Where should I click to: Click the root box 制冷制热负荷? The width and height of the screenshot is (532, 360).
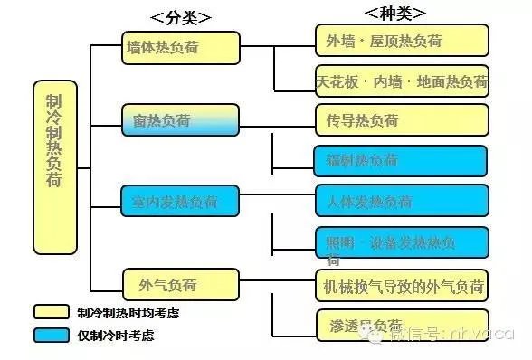[54, 166]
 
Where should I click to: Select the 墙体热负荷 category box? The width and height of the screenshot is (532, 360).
[181, 48]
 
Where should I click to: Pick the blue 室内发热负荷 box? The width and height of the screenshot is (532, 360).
[181, 200]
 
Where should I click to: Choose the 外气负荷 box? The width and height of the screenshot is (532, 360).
[181, 285]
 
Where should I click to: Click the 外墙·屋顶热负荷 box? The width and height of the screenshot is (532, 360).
[402, 41]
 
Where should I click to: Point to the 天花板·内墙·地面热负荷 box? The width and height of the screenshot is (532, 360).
[402, 81]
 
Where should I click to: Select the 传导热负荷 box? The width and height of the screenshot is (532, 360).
[402, 119]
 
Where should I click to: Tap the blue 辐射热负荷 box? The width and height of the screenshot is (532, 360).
[402, 161]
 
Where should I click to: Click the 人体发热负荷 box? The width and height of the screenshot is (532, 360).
[402, 201]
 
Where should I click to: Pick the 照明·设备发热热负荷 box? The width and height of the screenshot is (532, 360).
[402, 242]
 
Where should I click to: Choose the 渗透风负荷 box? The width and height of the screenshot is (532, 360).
[402, 325]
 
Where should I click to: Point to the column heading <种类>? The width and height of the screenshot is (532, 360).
[394, 13]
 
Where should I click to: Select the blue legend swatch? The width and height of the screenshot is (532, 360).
[52, 335]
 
